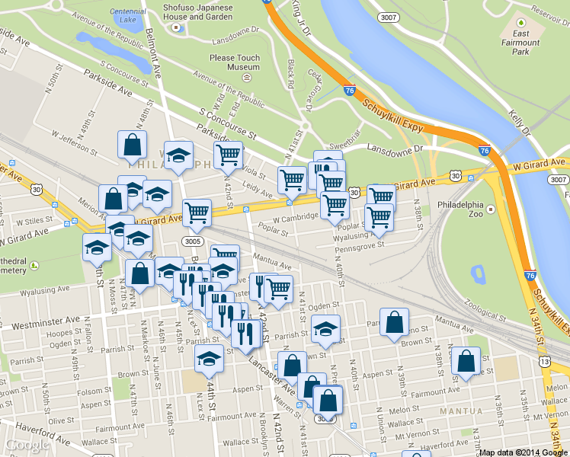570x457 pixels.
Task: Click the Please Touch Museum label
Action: click(x=235, y=62)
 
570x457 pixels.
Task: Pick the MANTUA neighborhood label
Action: click(x=456, y=411)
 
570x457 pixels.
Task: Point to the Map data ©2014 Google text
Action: click(x=524, y=452)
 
